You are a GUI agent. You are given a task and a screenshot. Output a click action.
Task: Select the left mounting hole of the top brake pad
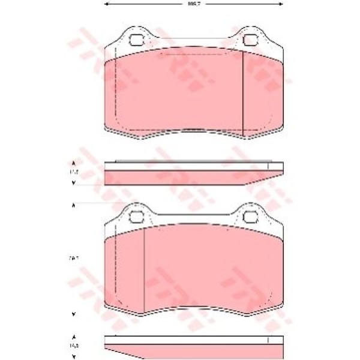(136, 40)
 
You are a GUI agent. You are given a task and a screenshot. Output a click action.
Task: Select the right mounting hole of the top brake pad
(250, 40)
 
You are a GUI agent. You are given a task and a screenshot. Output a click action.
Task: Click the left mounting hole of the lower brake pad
(136, 216)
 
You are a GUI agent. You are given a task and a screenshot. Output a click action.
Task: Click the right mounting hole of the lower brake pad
(250, 216)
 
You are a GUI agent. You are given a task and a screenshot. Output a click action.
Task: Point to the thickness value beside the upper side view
(74, 173)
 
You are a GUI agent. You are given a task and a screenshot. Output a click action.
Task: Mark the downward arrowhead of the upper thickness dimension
(74, 183)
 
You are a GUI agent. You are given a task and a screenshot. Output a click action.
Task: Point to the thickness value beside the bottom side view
(74, 346)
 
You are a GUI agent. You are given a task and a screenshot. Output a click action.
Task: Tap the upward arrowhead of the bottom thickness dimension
(74, 337)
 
